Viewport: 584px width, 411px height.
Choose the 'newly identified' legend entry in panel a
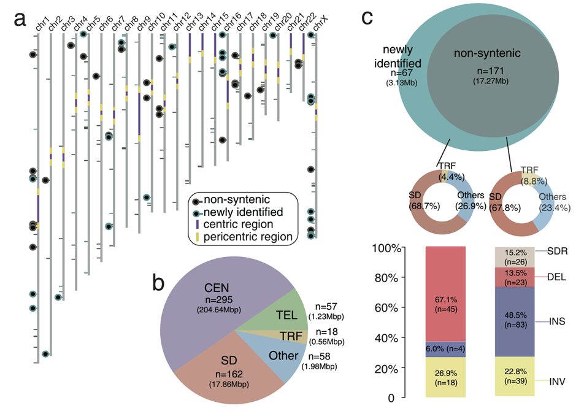(243, 212)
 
